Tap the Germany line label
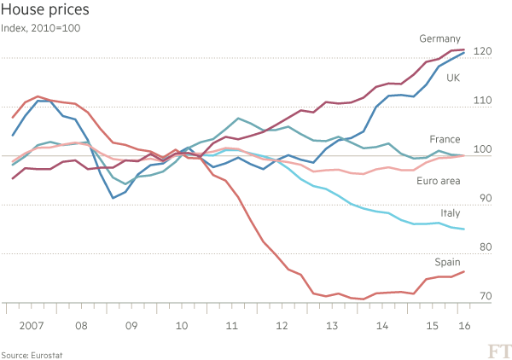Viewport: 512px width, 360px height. pyautogui.click(x=440, y=39)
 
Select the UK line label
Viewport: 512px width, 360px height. pyautogui.click(x=453, y=77)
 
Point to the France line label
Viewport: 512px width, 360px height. pyautogui.click(x=445, y=139)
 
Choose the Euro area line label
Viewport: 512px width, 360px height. pyautogui.click(x=439, y=181)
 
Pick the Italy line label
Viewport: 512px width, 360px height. pyautogui.click(x=451, y=212)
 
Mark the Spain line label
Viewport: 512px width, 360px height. pyautogui.click(x=449, y=262)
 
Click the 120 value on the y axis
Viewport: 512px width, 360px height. pyautogui.click(x=483, y=52)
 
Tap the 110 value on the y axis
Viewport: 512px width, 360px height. pyautogui.click(x=483, y=101)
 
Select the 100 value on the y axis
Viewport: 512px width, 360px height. pyautogui.click(x=483, y=150)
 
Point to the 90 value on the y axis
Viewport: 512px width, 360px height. pyautogui.click(x=485, y=199)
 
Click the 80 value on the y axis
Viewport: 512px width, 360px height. pyautogui.click(x=485, y=247)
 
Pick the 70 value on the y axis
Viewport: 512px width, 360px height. pyautogui.click(x=485, y=297)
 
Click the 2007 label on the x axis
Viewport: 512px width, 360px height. pyautogui.click(x=31, y=326)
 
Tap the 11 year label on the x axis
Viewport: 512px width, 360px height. pyautogui.click(x=231, y=326)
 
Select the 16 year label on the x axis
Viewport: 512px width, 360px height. pyautogui.click(x=463, y=326)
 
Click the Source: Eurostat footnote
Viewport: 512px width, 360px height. pyautogui.click(x=32, y=353)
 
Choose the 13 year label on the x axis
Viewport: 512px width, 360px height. pyautogui.click(x=332, y=326)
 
